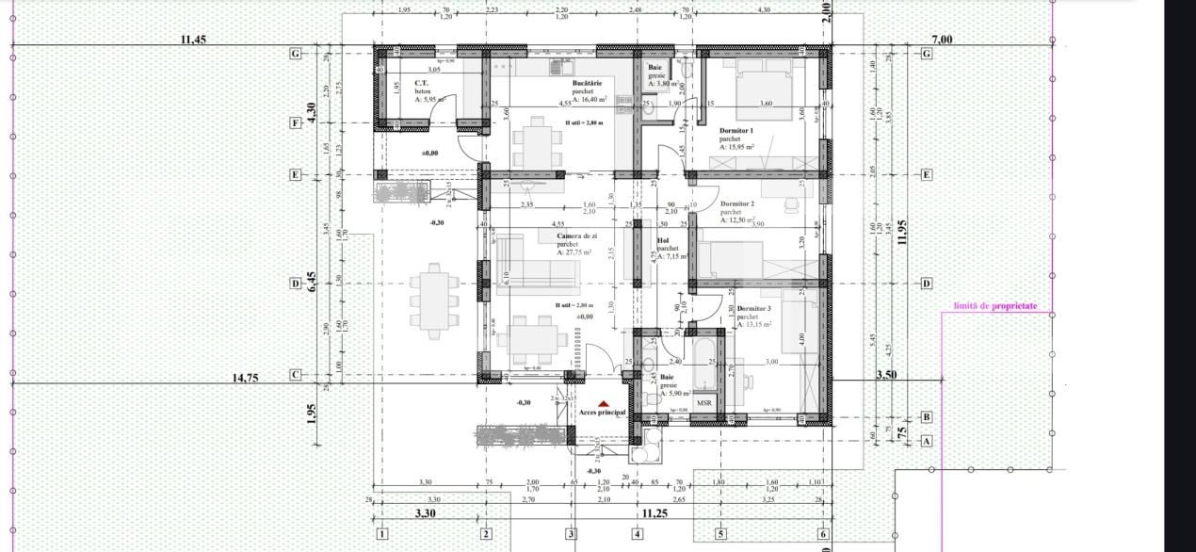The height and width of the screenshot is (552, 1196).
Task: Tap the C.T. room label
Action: (x=422, y=83)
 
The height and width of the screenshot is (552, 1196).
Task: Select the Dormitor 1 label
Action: (x=736, y=130)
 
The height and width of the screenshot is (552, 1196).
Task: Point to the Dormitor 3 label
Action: (x=753, y=309)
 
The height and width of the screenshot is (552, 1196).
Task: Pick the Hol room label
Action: (x=662, y=240)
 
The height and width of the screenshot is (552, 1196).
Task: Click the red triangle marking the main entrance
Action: (x=604, y=403)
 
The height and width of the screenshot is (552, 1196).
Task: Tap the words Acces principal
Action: (x=603, y=413)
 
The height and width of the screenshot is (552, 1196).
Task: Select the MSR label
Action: (x=703, y=403)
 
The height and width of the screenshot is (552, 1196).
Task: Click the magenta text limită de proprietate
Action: (x=995, y=306)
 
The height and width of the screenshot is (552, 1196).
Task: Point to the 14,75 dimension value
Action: (x=246, y=378)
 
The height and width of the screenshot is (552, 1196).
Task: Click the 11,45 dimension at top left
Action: (x=193, y=40)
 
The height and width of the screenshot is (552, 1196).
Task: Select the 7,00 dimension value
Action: (x=942, y=40)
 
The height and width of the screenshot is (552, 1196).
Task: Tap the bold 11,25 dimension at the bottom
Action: (x=655, y=514)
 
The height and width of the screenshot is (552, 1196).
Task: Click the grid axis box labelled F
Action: (x=296, y=122)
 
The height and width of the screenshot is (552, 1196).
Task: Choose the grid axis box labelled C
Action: (x=296, y=375)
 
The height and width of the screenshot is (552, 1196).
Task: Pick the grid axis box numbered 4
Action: (x=638, y=534)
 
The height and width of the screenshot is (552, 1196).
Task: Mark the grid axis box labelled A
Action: (x=926, y=440)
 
